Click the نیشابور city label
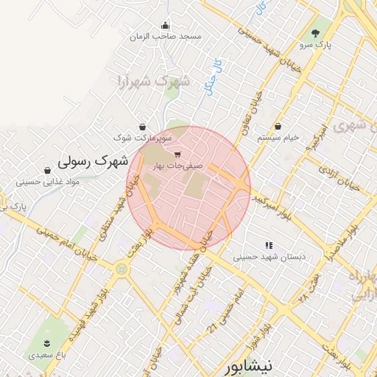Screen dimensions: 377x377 [x=248, y=364]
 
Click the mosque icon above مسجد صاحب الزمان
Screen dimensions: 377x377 [x=165, y=24]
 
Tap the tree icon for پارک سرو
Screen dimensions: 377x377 [x=316, y=33]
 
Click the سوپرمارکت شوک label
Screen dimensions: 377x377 [x=143, y=137]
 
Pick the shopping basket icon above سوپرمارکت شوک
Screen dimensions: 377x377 [x=142, y=126]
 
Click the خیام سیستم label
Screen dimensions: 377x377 [x=278, y=138]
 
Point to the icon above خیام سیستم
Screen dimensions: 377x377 [x=278, y=126]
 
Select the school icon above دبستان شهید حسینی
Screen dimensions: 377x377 [x=269, y=245]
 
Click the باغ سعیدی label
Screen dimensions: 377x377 [x=46, y=355]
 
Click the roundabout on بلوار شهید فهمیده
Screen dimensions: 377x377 [x=120, y=269]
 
